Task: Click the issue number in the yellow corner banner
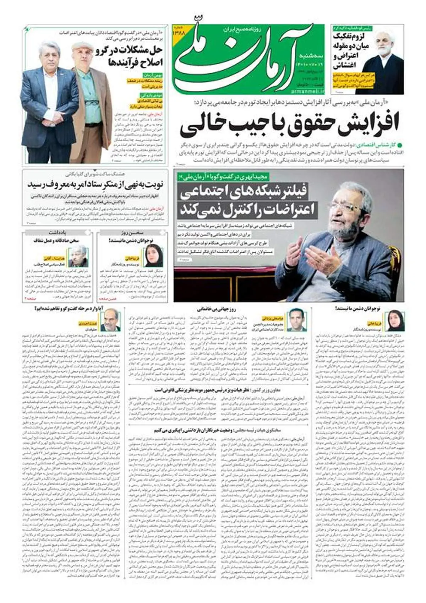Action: [178, 32]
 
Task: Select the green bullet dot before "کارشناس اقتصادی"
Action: [400, 145]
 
